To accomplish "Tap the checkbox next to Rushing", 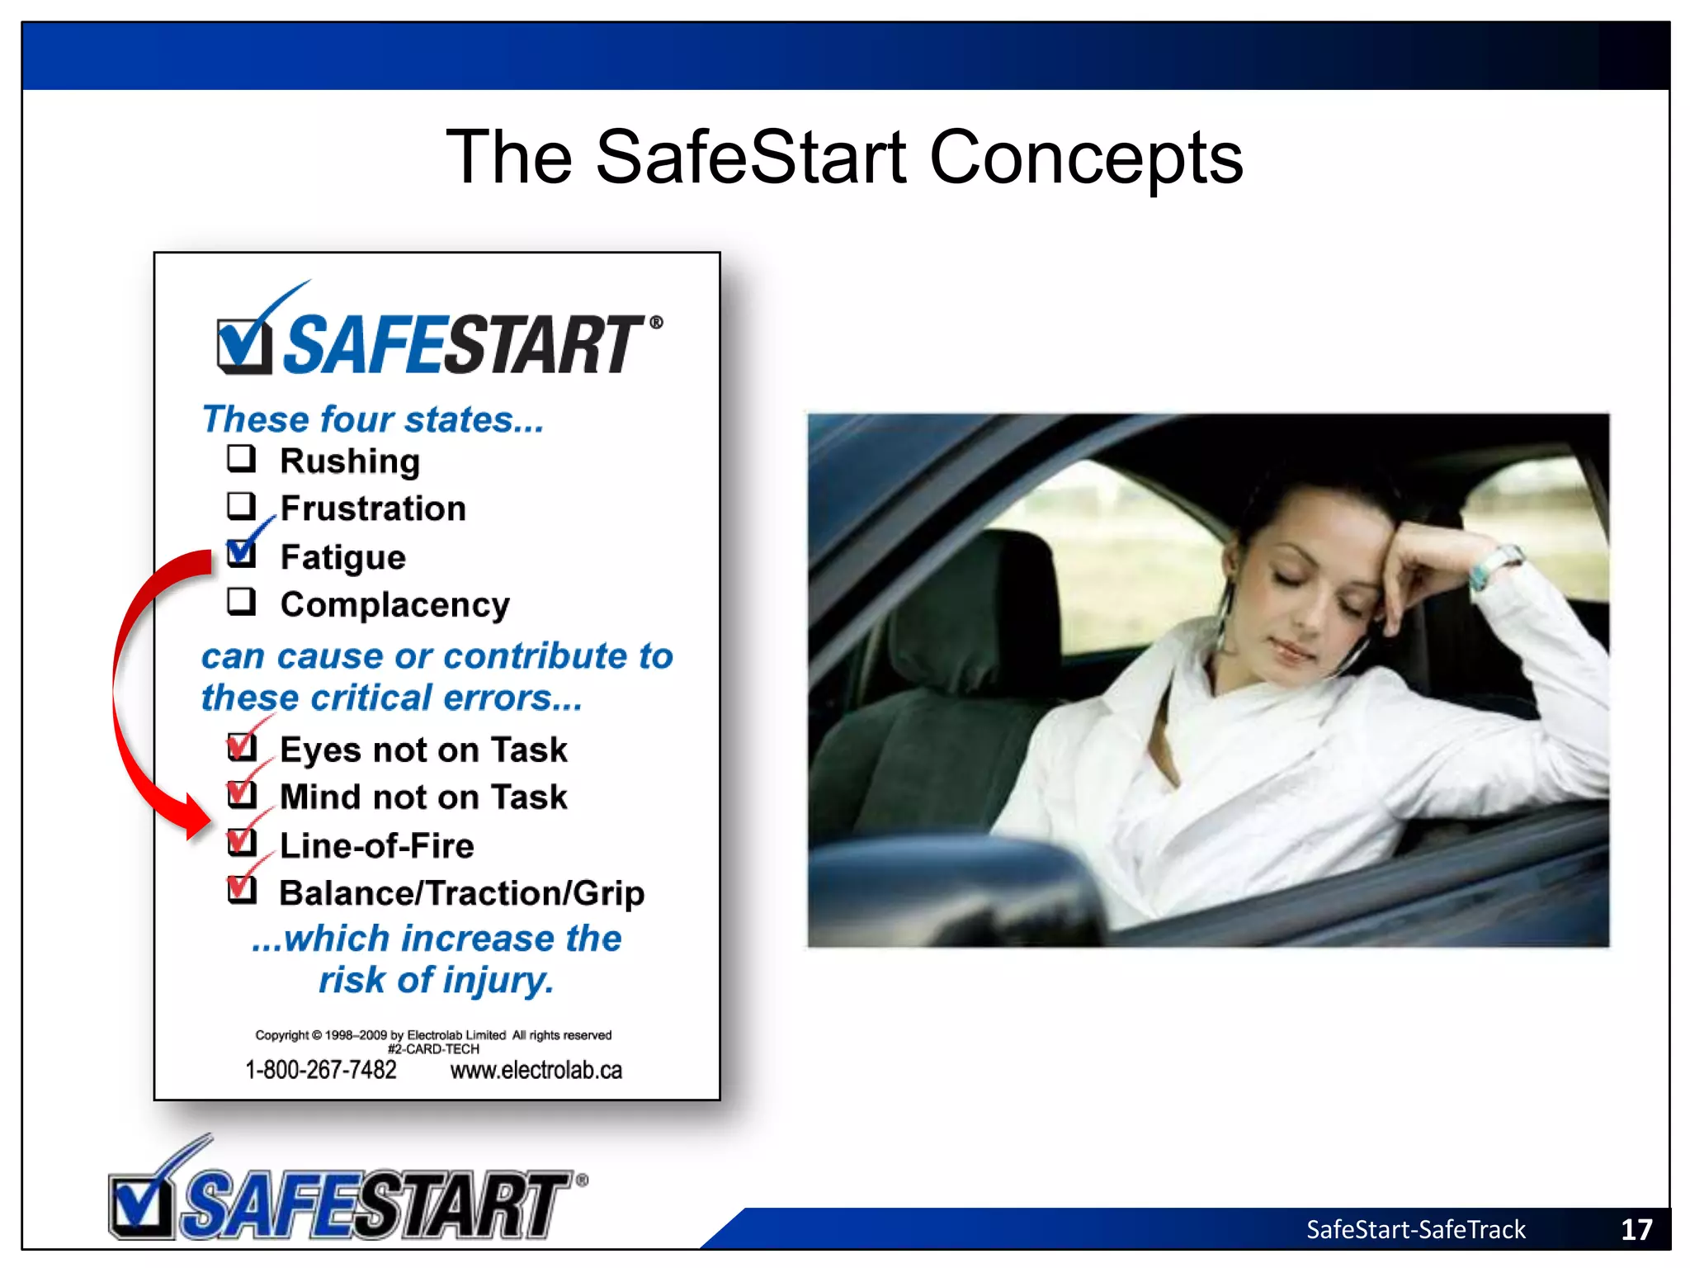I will pyautogui.click(x=241, y=458).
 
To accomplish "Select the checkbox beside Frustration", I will pyautogui.click(x=241, y=505).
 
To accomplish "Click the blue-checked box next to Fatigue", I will pyautogui.click(x=241, y=552).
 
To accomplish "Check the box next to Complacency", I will pyautogui.click(x=241, y=602).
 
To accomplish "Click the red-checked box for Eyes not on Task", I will pyautogui.click(x=242, y=747).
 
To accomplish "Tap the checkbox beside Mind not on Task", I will pyautogui.click(x=242, y=794).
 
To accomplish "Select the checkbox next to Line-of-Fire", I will pyautogui.click(x=242, y=843).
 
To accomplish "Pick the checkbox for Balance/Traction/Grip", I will pyautogui.click(x=242, y=890).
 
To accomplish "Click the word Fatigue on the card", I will pyautogui.click(x=342, y=558).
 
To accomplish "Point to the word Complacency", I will pyautogui.click(x=394, y=605).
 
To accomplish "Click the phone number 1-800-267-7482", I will pyautogui.click(x=321, y=1070).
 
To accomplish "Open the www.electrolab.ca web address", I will pyautogui.click(x=536, y=1070).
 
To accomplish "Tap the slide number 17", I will pyautogui.click(x=1636, y=1230).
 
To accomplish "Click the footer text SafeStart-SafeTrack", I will pyautogui.click(x=1415, y=1230).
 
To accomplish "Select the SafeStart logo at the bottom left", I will pyautogui.click(x=347, y=1193).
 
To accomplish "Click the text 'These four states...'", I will pyautogui.click(x=373, y=419).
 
